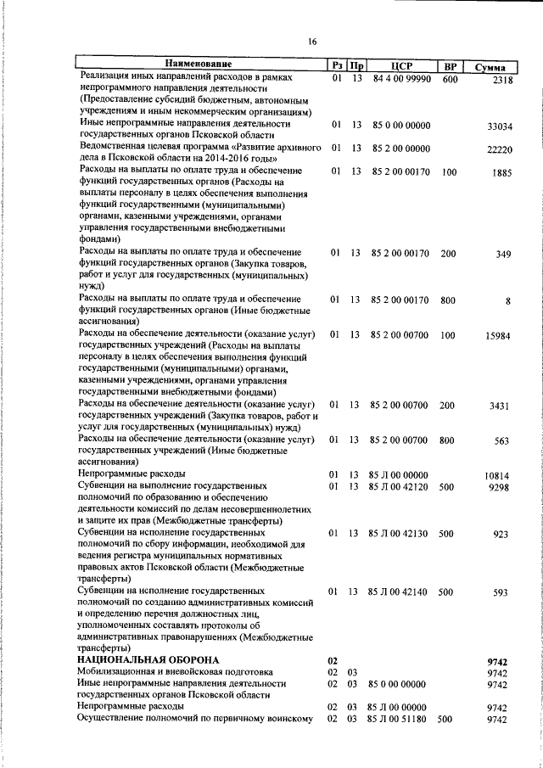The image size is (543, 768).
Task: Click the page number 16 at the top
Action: pos(312,42)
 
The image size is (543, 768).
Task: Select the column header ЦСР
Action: pos(400,65)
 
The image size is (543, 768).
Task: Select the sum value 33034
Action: pos(499,126)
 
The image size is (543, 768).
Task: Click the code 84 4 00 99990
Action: pos(400,79)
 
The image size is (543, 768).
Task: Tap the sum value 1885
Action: pos(503,173)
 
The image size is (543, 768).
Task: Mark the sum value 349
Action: pos(504,254)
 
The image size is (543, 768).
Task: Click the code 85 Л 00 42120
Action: pos(399,487)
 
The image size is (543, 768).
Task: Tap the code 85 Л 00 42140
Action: pos(399,591)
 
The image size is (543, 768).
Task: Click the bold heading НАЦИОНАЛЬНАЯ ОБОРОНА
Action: pos(148,659)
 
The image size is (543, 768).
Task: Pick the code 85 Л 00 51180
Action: pos(397,719)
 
